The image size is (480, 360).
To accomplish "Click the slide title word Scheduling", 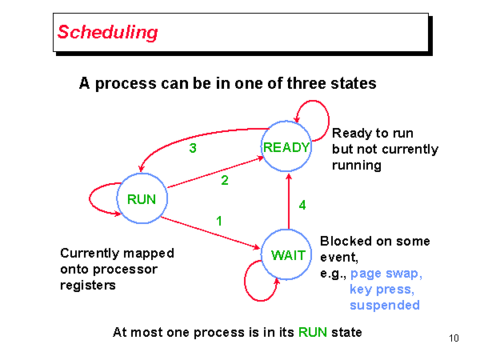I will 107,32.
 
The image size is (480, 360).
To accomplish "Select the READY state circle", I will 286,146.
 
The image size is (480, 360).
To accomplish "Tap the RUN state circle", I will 141,199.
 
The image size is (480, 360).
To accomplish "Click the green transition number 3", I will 193,148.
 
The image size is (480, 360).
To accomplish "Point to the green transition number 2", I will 225,181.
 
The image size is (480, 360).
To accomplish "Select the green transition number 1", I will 219,219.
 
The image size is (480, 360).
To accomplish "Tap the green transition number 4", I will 302,205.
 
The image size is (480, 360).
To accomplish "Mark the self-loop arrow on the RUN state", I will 99,199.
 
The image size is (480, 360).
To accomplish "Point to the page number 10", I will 454,338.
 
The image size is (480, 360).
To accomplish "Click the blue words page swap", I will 386,274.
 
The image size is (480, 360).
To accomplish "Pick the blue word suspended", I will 384,305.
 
